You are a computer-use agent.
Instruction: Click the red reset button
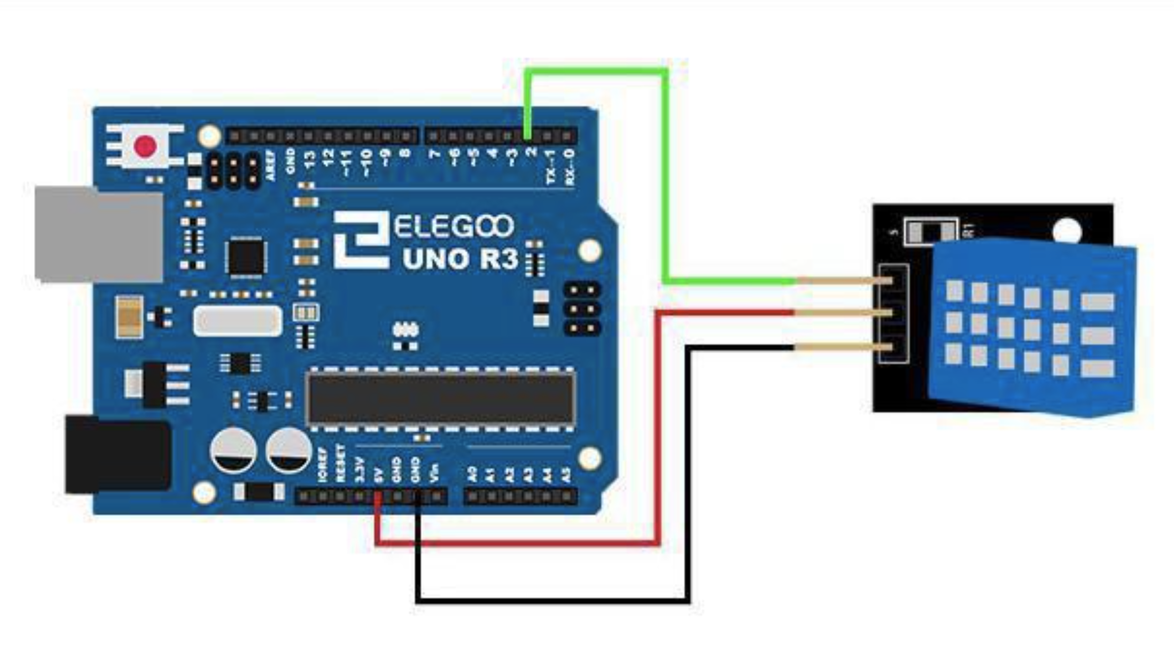click(145, 146)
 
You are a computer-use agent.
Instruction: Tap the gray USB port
click(98, 235)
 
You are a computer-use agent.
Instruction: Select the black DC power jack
click(117, 454)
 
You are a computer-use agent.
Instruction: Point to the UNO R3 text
click(459, 259)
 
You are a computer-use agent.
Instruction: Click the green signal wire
click(665, 176)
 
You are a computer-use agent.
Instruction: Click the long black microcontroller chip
click(440, 398)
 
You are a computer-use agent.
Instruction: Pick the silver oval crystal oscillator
click(238, 321)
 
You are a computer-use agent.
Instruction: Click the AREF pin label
click(270, 165)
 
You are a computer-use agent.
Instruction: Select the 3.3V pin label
click(359, 470)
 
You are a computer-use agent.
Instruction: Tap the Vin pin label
click(434, 473)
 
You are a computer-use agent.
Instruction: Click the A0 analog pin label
click(472, 474)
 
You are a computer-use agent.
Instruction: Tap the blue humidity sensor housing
click(1031, 327)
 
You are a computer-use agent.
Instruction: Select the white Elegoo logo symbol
click(361, 239)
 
